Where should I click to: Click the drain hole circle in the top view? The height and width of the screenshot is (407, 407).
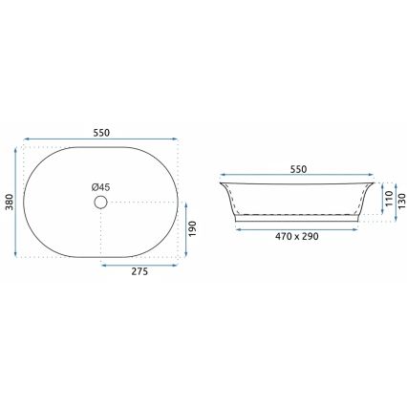point(100,203)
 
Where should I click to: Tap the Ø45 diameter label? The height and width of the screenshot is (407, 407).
point(100,187)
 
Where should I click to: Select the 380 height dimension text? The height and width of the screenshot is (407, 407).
point(10,203)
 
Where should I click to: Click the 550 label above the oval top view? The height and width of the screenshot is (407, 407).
point(101,133)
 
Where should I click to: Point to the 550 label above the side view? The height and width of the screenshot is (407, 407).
point(298,169)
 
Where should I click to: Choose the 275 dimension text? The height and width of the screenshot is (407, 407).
point(139,271)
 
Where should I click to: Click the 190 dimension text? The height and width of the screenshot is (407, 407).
point(193,228)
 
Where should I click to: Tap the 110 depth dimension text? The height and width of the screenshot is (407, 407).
point(389,199)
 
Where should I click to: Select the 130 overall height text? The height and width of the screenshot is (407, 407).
point(402,202)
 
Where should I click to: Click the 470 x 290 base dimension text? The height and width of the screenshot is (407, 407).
point(297,236)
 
